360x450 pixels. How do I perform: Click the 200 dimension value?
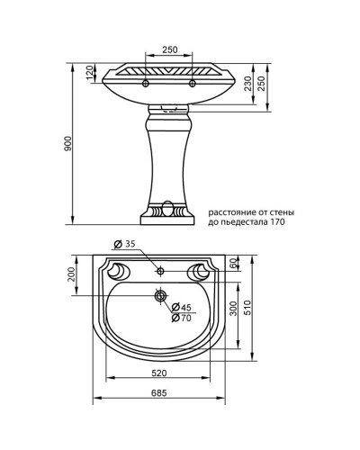(74, 274)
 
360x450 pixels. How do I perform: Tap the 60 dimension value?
(232, 263)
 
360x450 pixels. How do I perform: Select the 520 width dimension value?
(160, 373)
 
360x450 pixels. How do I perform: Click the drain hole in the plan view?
(160, 295)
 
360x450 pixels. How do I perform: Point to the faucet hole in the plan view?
(160, 269)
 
